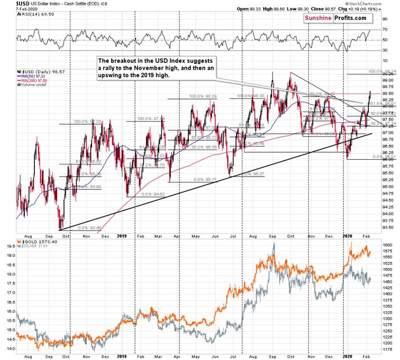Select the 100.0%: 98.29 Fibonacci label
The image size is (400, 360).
pyautogui.click(x=204, y=96)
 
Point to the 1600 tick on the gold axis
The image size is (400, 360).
pyautogui.click(x=388, y=245)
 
